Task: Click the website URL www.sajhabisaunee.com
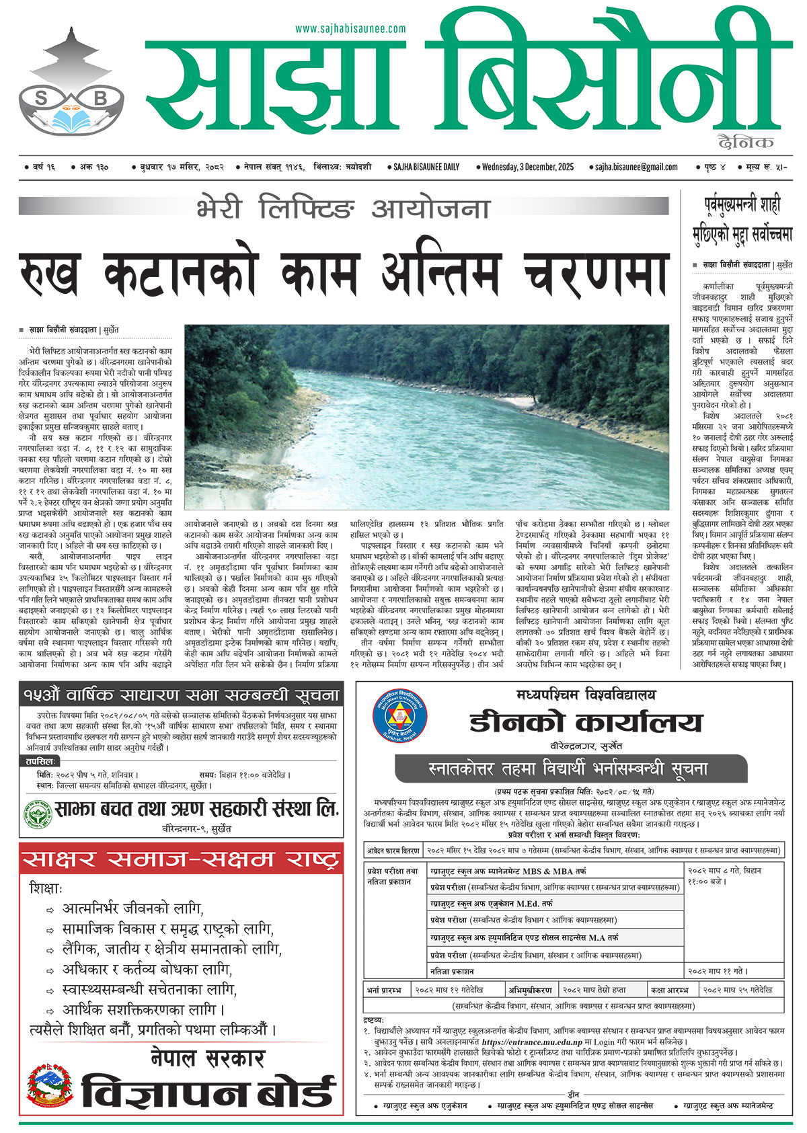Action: tap(350, 29)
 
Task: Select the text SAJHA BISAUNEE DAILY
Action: tap(426, 167)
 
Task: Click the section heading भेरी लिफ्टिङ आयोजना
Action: tap(343, 208)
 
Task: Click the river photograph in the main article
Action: tap(426, 417)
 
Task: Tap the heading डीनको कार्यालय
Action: tap(585, 722)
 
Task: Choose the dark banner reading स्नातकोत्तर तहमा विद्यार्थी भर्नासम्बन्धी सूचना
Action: tap(571, 768)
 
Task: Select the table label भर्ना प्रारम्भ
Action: tap(384, 990)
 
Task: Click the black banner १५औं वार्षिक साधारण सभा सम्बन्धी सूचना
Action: tap(181, 695)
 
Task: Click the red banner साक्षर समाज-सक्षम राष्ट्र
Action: tap(181, 859)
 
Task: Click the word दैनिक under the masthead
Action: tap(745, 142)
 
